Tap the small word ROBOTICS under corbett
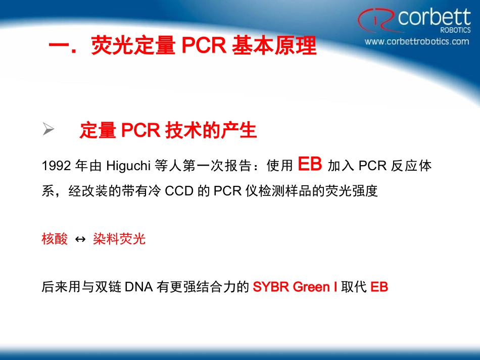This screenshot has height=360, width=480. point(455,30)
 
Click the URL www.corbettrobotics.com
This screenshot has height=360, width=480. point(417,41)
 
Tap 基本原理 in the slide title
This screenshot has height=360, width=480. point(274,46)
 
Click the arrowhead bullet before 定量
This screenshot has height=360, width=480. point(49,130)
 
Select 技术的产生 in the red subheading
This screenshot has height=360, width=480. point(211,131)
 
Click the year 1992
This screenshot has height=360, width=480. point(56,166)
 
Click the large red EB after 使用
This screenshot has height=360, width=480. point(310,164)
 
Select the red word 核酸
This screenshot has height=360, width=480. point(55,239)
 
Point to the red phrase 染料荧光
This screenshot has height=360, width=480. point(119,239)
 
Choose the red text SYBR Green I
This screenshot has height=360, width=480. point(295,287)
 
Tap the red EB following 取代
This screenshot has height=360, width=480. point(379,287)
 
